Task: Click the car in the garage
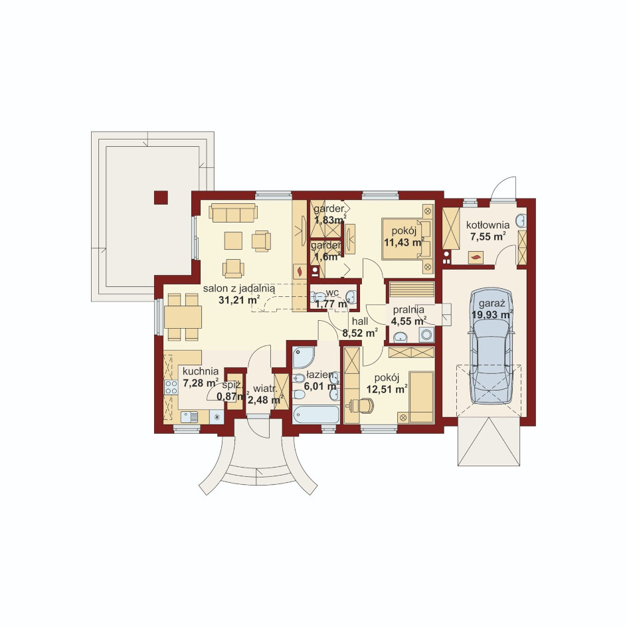(491, 346)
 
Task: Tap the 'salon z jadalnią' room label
(238, 288)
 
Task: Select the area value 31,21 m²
(238, 300)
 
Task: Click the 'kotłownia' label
(488, 224)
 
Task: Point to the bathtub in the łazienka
(316, 414)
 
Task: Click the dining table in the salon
(183, 317)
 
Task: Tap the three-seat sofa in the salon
(233, 213)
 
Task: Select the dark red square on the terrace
(161, 197)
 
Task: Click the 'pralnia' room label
(408, 310)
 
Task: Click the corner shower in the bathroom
(304, 357)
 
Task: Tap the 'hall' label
(360, 321)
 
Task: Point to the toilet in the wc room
(319, 297)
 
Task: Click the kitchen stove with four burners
(171, 387)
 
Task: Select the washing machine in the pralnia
(426, 335)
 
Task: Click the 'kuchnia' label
(201, 371)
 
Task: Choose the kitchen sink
(189, 417)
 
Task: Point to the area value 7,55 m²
(488, 236)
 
